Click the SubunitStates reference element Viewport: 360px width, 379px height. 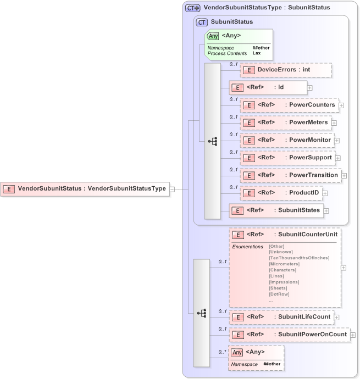tap(275, 210)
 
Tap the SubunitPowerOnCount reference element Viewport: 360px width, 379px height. tap(289, 335)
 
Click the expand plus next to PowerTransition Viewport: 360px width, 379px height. tap(344, 176)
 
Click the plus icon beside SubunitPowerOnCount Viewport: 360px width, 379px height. tap(353, 335)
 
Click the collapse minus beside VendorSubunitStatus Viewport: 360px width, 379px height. tap(172, 189)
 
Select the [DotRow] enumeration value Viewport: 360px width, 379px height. tap(279, 294)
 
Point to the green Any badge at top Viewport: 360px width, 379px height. tap(213, 36)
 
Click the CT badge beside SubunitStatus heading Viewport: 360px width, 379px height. tap(202, 22)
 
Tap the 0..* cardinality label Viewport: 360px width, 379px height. tap(222, 352)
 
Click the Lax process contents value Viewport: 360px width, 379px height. tap(256, 53)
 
